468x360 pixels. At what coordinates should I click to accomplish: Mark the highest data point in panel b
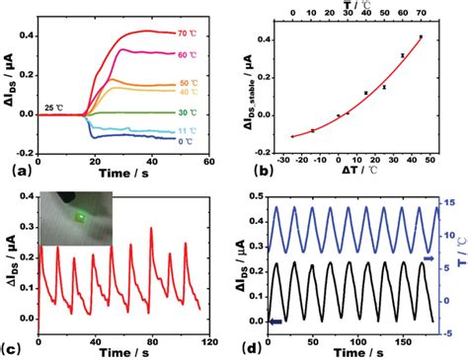(421, 36)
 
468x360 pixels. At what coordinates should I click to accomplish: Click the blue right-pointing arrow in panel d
(429, 257)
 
